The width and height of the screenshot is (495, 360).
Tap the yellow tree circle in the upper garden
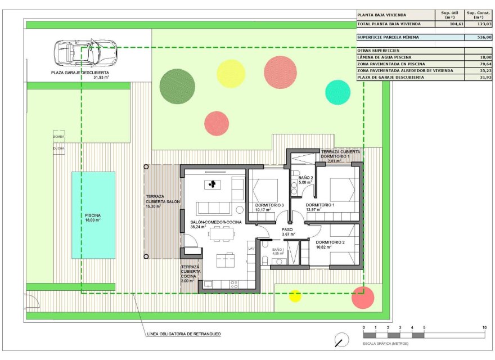pyautogui.click(x=231, y=73)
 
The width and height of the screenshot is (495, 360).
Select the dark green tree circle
pyautogui.click(x=177, y=85)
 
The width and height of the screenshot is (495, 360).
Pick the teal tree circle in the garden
pyautogui.click(x=337, y=92)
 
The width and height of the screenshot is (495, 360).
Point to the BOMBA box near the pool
pyautogui.click(x=59, y=137)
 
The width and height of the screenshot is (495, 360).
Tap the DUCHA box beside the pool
pyautogui.click(x=59, y=148)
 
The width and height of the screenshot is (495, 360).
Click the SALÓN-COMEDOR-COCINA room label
pyautogui.click(x=216, y=223)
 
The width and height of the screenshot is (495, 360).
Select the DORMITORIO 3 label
pyautogui.click(x=269, y=205)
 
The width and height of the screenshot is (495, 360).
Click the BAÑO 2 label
pyautogui.click(x=305, y=177)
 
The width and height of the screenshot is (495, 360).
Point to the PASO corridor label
pyautogui.click(x=288, y=229)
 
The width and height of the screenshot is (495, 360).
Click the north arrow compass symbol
pyautogui.click(x=340, y=340)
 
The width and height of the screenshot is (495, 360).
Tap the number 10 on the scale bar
pyautogui.click(x=484, y=327)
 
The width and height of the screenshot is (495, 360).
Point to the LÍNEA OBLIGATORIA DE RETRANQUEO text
pyautogui.click(x=183, y=334)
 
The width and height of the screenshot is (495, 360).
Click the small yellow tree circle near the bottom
pyautogui.click(x=295, y=296)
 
